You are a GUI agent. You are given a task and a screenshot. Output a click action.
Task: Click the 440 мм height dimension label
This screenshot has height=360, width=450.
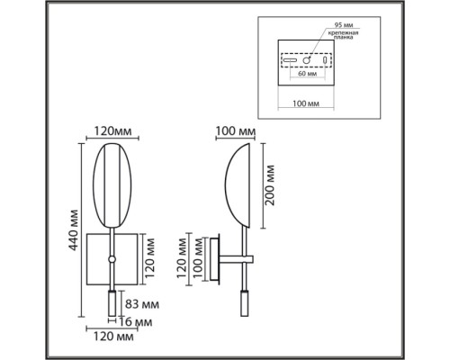point(73,230)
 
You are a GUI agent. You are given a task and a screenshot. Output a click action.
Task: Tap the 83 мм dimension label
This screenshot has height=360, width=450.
point(142,304)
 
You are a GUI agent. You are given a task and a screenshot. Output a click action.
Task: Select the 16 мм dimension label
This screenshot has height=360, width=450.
point(136,322)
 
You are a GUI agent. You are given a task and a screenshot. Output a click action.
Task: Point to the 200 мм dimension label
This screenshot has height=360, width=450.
point(270,185)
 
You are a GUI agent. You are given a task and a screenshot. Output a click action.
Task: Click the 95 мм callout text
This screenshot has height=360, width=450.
point(344,25)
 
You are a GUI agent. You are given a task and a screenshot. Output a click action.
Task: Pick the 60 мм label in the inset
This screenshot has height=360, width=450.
point(307,74)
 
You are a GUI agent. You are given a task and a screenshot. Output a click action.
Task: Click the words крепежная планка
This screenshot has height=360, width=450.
point(343,35)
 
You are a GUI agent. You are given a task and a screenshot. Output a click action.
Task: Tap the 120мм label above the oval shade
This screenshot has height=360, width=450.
point(112,131)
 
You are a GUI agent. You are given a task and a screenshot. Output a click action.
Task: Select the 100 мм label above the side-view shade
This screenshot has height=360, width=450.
point(236,131)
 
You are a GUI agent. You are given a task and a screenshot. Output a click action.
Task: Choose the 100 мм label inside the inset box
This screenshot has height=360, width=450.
point(306,103)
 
